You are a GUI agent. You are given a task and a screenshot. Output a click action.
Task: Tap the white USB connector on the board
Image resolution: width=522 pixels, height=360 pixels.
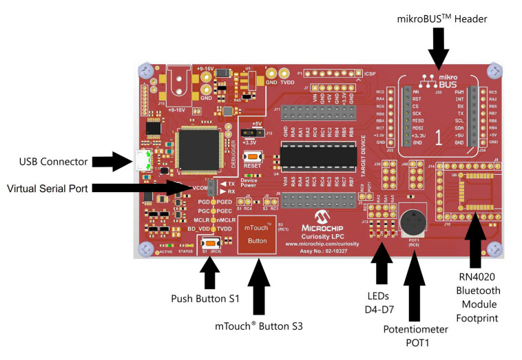[143, 160]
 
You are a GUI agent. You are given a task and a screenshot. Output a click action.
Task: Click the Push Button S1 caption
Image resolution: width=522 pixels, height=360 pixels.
[205, 299]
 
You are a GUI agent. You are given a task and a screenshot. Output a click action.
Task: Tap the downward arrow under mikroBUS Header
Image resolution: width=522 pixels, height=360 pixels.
[438, 50]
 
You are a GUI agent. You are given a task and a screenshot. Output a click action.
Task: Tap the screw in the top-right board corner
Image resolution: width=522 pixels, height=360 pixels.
[497, 70]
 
